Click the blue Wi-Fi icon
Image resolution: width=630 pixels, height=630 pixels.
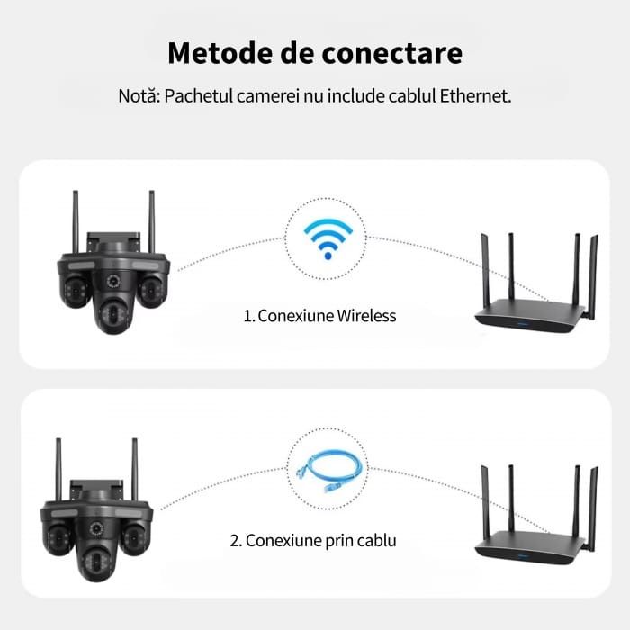tap(327, 238)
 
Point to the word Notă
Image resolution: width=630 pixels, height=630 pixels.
tap(137, 95)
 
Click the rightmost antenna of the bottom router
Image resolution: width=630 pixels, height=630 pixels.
tap(592, 504)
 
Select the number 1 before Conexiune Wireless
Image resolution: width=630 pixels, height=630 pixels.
tap(247, 316)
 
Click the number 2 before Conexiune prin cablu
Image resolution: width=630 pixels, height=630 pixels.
tap(235, 541)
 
